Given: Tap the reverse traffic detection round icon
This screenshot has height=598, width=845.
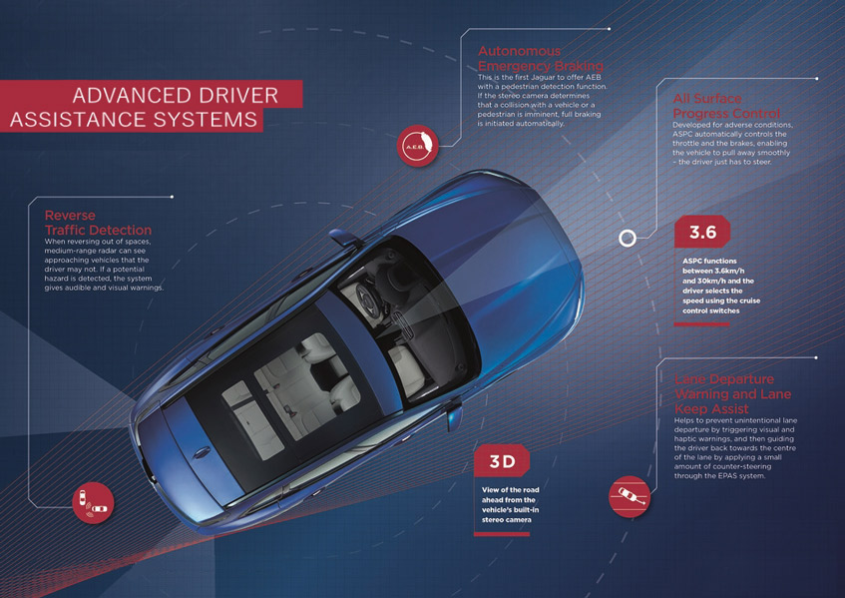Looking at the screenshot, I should (x=93, y=502).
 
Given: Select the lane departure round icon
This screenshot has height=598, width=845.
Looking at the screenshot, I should (x=629, y=493).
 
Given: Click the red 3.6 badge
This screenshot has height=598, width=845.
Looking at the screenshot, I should (x=702, y=233).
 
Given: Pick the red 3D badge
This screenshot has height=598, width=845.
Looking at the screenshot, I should (x=501, y=461).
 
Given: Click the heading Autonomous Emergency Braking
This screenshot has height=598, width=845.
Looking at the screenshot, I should (x=540, y=58).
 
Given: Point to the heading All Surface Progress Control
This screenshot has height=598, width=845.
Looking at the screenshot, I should (x=726, y=106).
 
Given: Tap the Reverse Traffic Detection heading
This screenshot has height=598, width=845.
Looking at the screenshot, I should (x=98, y=223).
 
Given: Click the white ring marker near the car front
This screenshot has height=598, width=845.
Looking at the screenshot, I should (x=628, y=239).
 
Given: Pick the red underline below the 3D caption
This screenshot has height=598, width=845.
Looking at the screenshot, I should (x=501, y=534).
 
